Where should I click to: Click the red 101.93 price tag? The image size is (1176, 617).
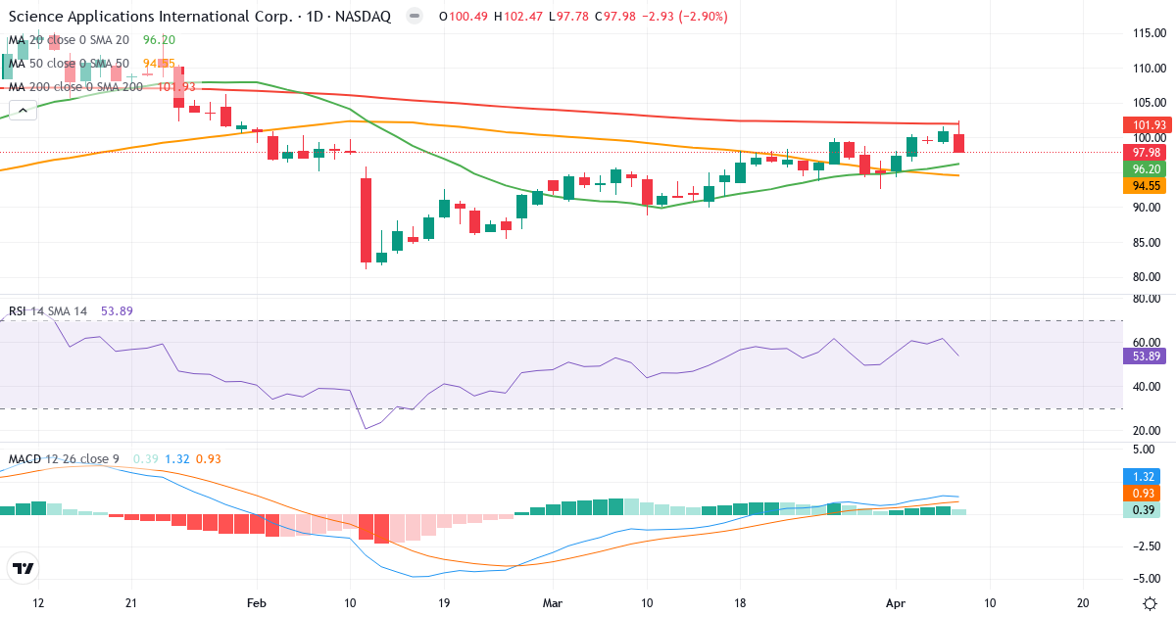pos(1143,125)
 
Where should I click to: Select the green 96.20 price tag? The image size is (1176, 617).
pos(1143,168)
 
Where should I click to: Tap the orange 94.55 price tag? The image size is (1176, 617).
pos(1143,185)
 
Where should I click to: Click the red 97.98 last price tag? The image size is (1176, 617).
pos(1143,153)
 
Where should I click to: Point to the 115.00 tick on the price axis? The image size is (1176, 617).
pos(1143,33)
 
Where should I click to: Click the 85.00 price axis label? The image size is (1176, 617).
pos(1143,242)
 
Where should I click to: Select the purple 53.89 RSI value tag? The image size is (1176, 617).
pos(1143,356)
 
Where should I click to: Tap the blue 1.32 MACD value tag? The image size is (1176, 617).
pos(1143,475)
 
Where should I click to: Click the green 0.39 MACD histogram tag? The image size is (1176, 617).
pos(1143,510)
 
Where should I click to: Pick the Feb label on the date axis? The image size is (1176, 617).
pos(257,602)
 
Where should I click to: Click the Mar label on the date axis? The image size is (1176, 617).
pos(553,602)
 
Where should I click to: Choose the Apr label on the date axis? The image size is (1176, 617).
pos(895,602)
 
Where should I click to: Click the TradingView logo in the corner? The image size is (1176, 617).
pos(23,568)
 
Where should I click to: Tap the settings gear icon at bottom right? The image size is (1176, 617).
pos(1151,602)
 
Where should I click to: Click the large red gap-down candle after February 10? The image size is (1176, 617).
pos(366,220)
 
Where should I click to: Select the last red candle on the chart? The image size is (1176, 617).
pos(958,143)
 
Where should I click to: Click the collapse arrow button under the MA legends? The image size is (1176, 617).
pos(23,111)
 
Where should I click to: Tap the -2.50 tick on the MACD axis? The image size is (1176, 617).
pos(1143,546)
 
